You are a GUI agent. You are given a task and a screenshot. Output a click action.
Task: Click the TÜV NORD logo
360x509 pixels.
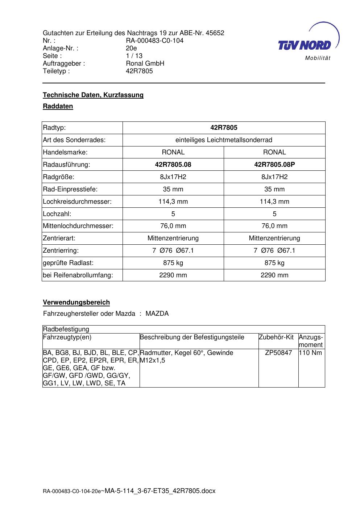tap(305, 45)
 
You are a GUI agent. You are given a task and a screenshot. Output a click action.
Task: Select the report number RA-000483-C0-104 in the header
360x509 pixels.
tap(154, 41)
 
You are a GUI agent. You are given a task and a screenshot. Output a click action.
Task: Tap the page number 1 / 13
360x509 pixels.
tap(134, 56)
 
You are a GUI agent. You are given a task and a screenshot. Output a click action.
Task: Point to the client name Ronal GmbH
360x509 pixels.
tap(145, 63)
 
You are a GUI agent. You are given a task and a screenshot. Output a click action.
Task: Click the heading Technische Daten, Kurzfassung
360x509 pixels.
tap(93, 95)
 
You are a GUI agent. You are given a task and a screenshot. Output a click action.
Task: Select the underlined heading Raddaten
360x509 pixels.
tap(58, 106)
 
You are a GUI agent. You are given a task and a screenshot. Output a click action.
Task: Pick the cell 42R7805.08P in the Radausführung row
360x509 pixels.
tap(274, 165)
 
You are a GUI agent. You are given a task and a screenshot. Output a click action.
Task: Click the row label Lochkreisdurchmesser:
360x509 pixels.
tap(77, 202)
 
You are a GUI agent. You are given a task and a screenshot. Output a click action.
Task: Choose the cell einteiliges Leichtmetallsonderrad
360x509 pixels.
tap(224, 140)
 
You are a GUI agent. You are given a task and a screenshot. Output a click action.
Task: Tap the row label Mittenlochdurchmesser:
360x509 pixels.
tap(78, 226)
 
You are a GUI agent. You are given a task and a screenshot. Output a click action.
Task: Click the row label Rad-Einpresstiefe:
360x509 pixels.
tap(70, 189)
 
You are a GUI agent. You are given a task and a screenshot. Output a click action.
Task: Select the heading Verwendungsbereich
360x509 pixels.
tap(76, 302)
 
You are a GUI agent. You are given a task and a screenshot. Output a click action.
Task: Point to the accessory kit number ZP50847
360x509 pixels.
tap(278, 353)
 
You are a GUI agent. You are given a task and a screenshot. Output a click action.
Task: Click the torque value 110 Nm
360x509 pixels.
tap(310, 353)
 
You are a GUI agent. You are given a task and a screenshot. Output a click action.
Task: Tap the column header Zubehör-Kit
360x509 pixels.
tap(276, 337)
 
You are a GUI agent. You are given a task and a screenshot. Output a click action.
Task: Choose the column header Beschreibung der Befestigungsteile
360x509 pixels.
tap(192, 337)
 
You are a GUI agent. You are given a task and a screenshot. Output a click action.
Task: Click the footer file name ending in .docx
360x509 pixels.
tap(129, 491)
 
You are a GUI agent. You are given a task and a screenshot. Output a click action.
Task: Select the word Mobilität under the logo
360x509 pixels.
tap(318, 58)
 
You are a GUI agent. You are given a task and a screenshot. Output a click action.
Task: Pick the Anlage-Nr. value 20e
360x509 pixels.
tap(131, 48)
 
